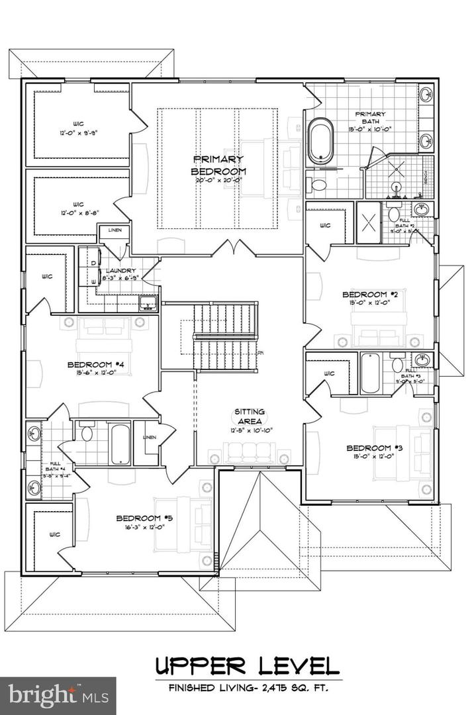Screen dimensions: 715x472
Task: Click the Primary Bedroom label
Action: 218,165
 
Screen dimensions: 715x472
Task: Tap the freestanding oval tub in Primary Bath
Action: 322,140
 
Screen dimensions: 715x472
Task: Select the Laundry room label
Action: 120,271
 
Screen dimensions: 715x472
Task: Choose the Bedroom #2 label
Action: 363,294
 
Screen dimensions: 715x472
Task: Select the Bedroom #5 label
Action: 144,518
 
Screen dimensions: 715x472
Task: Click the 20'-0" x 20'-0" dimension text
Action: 218,179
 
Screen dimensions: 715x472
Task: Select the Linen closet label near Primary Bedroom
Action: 111,229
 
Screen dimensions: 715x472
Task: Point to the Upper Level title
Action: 248,663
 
